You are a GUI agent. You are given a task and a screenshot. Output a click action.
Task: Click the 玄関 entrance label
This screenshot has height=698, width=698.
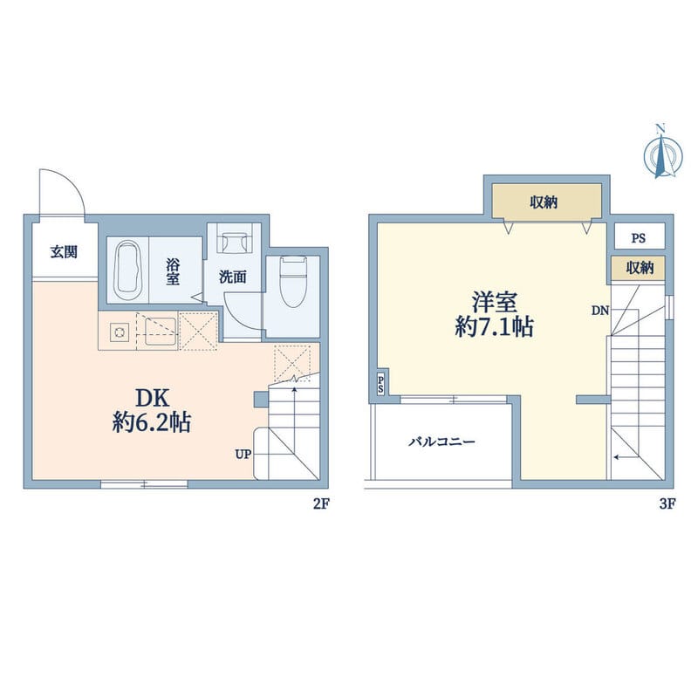pyautogui.click(x=64, y=252)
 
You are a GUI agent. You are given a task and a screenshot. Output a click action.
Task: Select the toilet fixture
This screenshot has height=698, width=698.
pyautogui.click(x=292, y=282)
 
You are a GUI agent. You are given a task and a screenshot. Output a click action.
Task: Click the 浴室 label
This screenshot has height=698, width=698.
pyautogui.click(x=173, y=272)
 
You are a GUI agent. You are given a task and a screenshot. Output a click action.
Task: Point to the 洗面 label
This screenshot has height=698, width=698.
pyautogui.click(x=232, y=277)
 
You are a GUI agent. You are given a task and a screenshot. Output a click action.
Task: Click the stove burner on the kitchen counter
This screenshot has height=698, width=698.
pyautogui.click(x=120, y=332)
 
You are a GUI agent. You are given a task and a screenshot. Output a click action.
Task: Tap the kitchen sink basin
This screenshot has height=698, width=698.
pyautogui.click(x=161, y=332)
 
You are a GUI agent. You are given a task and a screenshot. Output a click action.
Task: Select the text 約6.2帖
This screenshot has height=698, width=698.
pyautogui.click(x=152, y=422)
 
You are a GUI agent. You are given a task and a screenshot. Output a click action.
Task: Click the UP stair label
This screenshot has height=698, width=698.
pyautogui.click(x=243, y=454)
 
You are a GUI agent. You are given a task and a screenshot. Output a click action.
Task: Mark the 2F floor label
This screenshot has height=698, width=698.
pyautogui.click(x=321, y=504)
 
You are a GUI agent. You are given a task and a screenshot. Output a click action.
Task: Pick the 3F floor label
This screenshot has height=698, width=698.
pyautogui.click(x=667, y=504)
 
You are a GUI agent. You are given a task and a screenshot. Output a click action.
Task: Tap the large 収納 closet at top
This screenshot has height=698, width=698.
pyautogui.click(x=547, y=202)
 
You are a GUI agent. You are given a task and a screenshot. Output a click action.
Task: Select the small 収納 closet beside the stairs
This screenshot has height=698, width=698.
pyautogui.click(x=638, y=268)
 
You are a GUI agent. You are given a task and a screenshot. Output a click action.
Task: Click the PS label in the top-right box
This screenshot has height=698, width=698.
pyautogui.click(x=639, y=238)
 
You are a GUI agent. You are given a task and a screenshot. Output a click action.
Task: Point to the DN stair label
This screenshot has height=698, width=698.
pyautogui.click(x=600, y=311)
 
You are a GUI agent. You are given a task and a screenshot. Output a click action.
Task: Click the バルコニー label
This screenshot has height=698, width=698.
pyautogui.click(x=442, y=441)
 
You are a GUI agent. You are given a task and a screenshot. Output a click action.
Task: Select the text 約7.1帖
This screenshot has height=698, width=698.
pyautogui.click(x=494, y=327)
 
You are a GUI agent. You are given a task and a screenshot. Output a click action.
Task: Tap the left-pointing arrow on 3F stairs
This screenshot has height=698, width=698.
pyautogui.click(x=626, y=456)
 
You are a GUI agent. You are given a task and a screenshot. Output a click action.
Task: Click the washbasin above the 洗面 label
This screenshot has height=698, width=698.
pyautogui.click(x=235, y=238)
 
